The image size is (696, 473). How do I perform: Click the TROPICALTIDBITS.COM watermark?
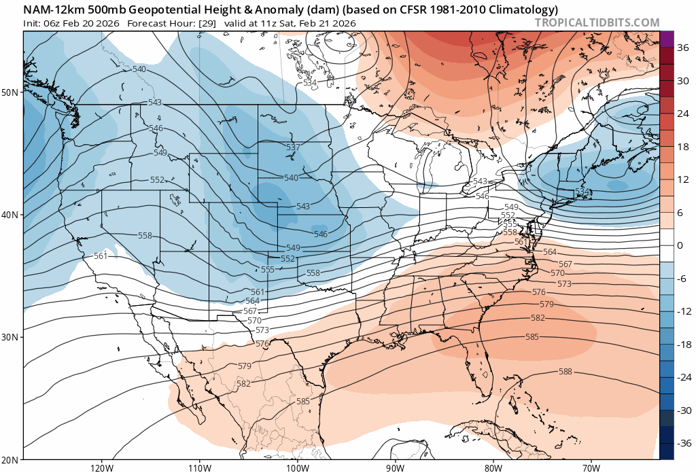click(597, 22)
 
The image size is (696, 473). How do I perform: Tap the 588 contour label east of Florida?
click(565, 372)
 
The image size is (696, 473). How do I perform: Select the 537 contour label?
click(293, 147)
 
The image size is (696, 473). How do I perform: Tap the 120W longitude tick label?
click(101, 468)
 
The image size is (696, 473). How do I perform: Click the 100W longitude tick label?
click(297, 468)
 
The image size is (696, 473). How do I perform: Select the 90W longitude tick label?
click(395, 468)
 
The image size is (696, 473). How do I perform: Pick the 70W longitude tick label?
click(591, 468)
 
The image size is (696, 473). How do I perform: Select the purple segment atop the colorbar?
click(666, 39)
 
